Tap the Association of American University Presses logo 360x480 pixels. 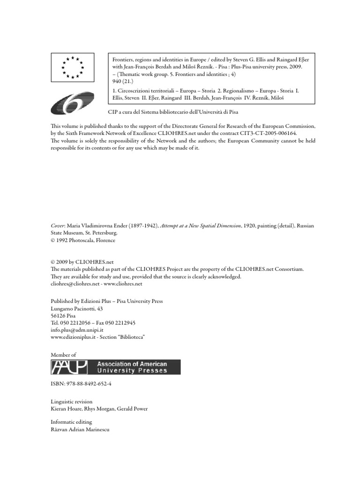[x=115, y=367]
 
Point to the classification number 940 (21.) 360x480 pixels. [x=122, y=81]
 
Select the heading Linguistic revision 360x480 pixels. [x=71, y=402]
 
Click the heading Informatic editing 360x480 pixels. [x=72, y=422]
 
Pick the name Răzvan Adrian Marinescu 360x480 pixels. [x=80, y=429]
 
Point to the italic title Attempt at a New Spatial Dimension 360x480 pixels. [x=201, y=225]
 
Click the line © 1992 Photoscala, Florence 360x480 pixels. [x=82, y=240]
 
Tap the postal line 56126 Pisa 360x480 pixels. [x=63, y=316]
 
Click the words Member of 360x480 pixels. [x=63, y=355]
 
